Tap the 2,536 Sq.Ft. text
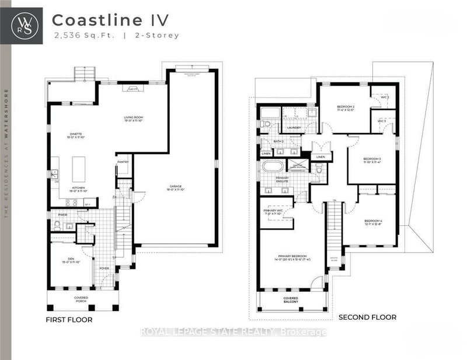(77, 36)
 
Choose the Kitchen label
(78, 188)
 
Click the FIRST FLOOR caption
(69, 320)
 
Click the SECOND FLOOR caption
(367, 317)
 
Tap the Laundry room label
(294, 127)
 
